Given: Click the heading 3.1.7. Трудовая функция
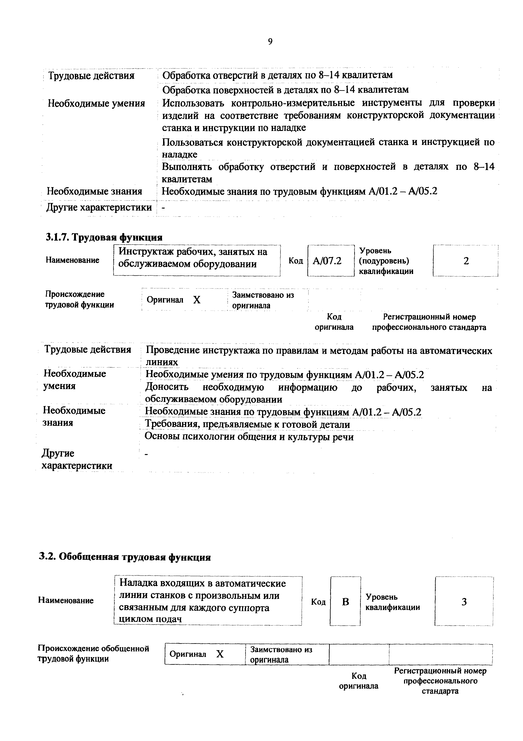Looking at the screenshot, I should coord(104,237).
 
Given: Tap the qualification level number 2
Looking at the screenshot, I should coord(466,261).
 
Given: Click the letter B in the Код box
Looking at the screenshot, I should coord(345,602).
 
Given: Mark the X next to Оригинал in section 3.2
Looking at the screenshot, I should coord(220,654).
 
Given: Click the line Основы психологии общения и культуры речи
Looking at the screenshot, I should coord(249,437).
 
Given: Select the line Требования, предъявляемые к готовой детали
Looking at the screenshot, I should coord(247,424).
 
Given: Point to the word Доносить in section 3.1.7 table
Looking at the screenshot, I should coord(167,387).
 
